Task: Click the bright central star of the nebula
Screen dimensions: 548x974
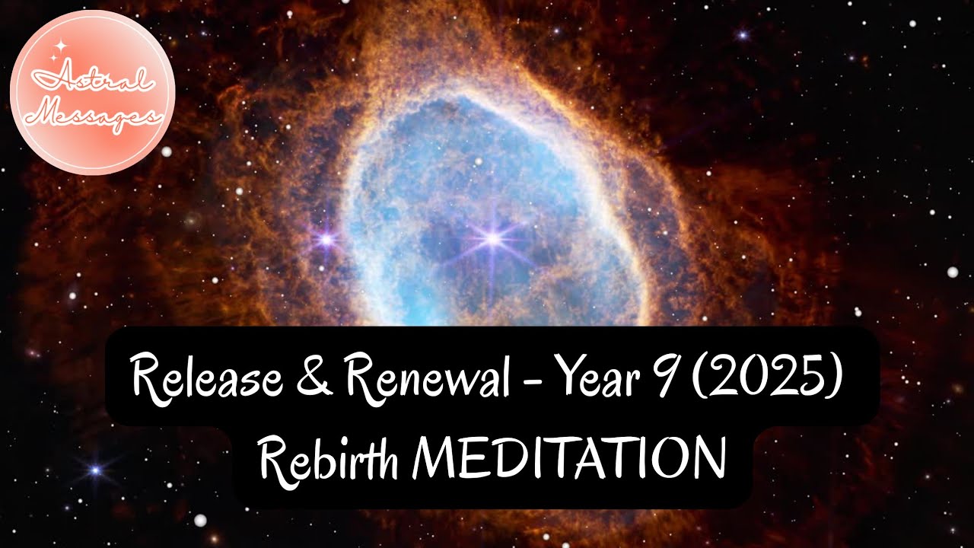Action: [492, 239]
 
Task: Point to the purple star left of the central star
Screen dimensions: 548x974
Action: [326, 239]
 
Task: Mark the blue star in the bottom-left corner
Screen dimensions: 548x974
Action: [95, 470]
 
